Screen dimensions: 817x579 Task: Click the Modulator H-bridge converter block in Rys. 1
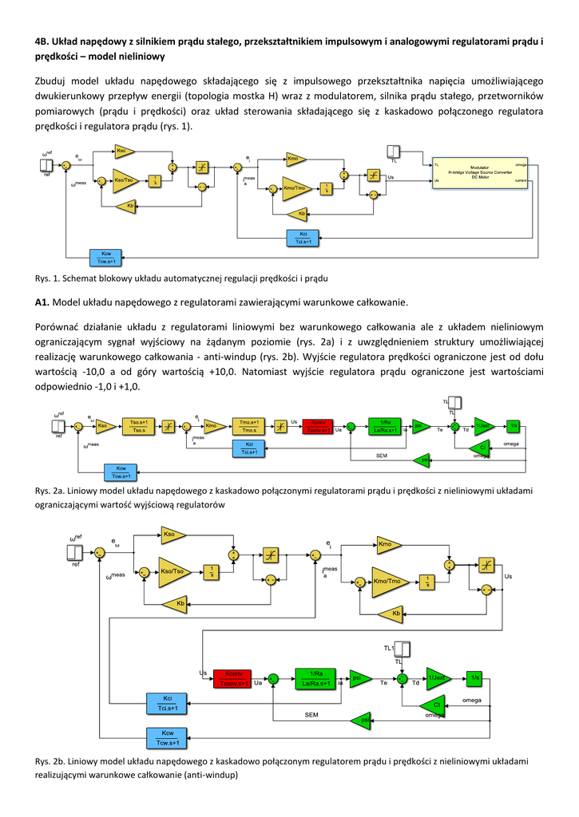coord(479,171)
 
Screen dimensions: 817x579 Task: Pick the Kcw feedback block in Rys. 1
coord(105,258)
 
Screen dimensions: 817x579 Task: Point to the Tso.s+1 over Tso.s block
coord(139,426)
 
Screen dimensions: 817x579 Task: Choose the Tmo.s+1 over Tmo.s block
coord(248,426)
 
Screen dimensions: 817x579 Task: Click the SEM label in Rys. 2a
coord(382,456)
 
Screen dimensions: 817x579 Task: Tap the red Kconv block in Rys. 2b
coord(234,677)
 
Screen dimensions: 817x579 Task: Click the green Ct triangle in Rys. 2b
coord(434,705)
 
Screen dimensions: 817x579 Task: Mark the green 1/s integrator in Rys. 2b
coord(475,677)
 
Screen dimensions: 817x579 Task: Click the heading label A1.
coord(42,302)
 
